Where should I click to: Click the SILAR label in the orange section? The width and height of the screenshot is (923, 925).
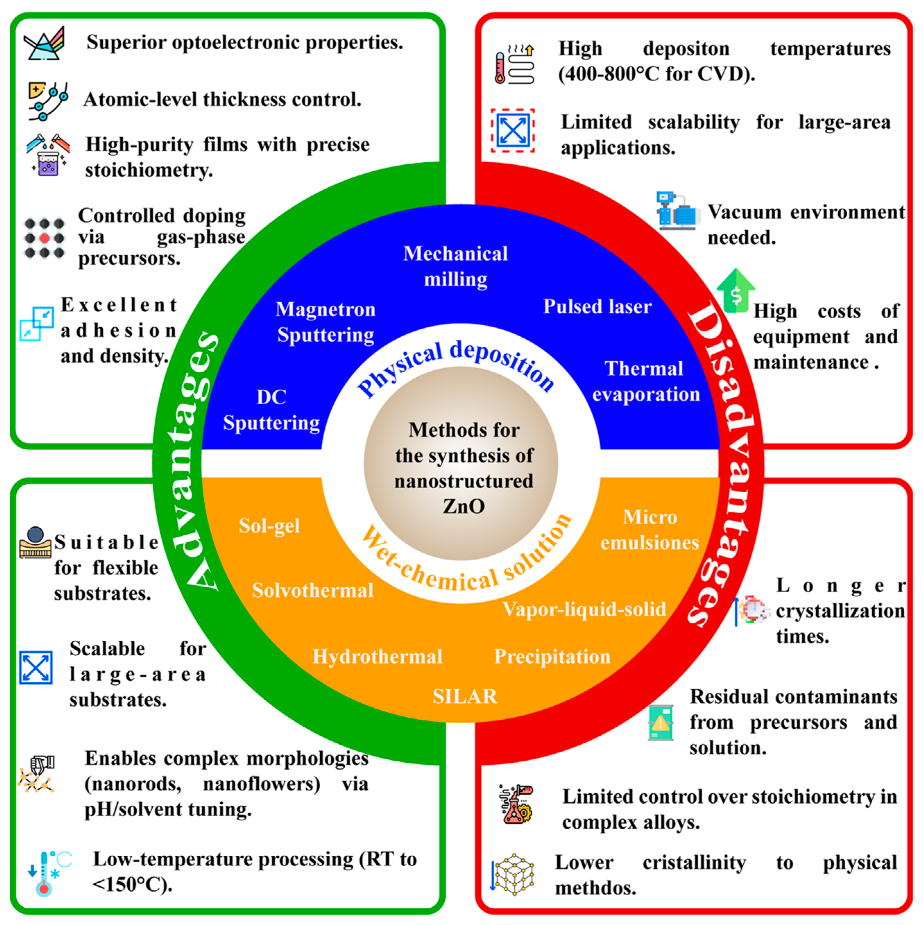tap(464, 696)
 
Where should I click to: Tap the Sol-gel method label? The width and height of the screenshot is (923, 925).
tap(269, 526)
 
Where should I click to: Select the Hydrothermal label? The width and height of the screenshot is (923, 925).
tap(377, 656)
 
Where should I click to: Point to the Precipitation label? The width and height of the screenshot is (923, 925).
tap(552, 656)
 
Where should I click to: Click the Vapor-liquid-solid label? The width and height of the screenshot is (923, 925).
tap(584, 609)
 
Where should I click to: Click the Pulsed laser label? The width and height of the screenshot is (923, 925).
tap(597, 306)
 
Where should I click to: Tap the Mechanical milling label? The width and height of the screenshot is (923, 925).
tap(455, 266)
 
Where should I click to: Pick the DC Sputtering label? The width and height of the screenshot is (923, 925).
tap(272, 410)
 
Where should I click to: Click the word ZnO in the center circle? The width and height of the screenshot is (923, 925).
tap(464, 506)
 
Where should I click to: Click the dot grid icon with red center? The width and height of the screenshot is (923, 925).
tap(44, 238)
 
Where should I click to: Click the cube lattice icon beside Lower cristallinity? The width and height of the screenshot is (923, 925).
tap(513, 874)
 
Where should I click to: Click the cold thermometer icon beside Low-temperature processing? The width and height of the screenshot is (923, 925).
tap(48, 873)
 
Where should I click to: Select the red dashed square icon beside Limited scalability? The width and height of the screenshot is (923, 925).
tap(513, 130)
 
